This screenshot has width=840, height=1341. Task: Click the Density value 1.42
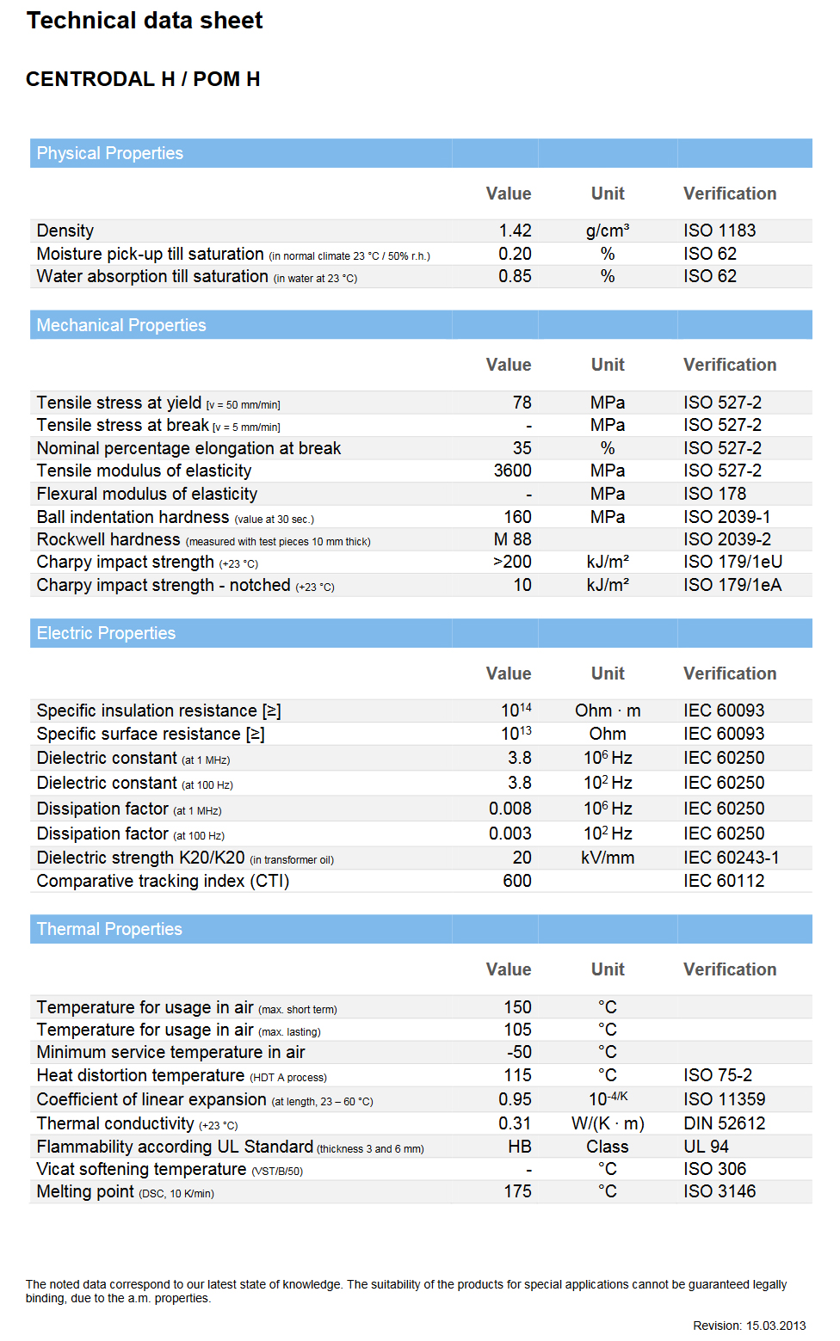click(x=515, y=231)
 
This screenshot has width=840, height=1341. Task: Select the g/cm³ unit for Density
click(x=608, y=231)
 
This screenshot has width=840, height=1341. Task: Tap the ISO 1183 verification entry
click(x=720, y=231)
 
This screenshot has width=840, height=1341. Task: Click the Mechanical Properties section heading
click(x=121, y=325)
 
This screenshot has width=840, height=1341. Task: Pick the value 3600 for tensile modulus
click(x=512, y=471)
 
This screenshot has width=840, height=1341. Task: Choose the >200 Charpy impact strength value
click(x=512, y=562)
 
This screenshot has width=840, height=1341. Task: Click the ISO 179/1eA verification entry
click(x=732, y=585)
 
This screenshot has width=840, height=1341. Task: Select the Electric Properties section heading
click(x=106, y=633)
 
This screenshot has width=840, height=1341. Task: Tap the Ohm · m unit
click(x=608, y=710)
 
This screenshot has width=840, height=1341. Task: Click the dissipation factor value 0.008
click(x=510, y=809)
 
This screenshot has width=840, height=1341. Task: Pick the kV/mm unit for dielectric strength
click(x=608, y=858)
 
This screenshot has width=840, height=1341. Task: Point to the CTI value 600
click(x=517, y=881)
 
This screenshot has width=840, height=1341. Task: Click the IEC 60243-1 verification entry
click(x=732, y=858)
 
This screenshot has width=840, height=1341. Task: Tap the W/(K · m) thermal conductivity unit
click(x=608, y=1123)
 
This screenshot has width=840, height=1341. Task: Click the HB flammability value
click(x=520, y=1147)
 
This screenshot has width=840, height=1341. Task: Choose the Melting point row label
click(x=85, y=1191)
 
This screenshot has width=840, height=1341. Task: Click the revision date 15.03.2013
click(x=775, y=1326)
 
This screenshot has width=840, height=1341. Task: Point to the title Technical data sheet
click(x=145, y=21)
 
